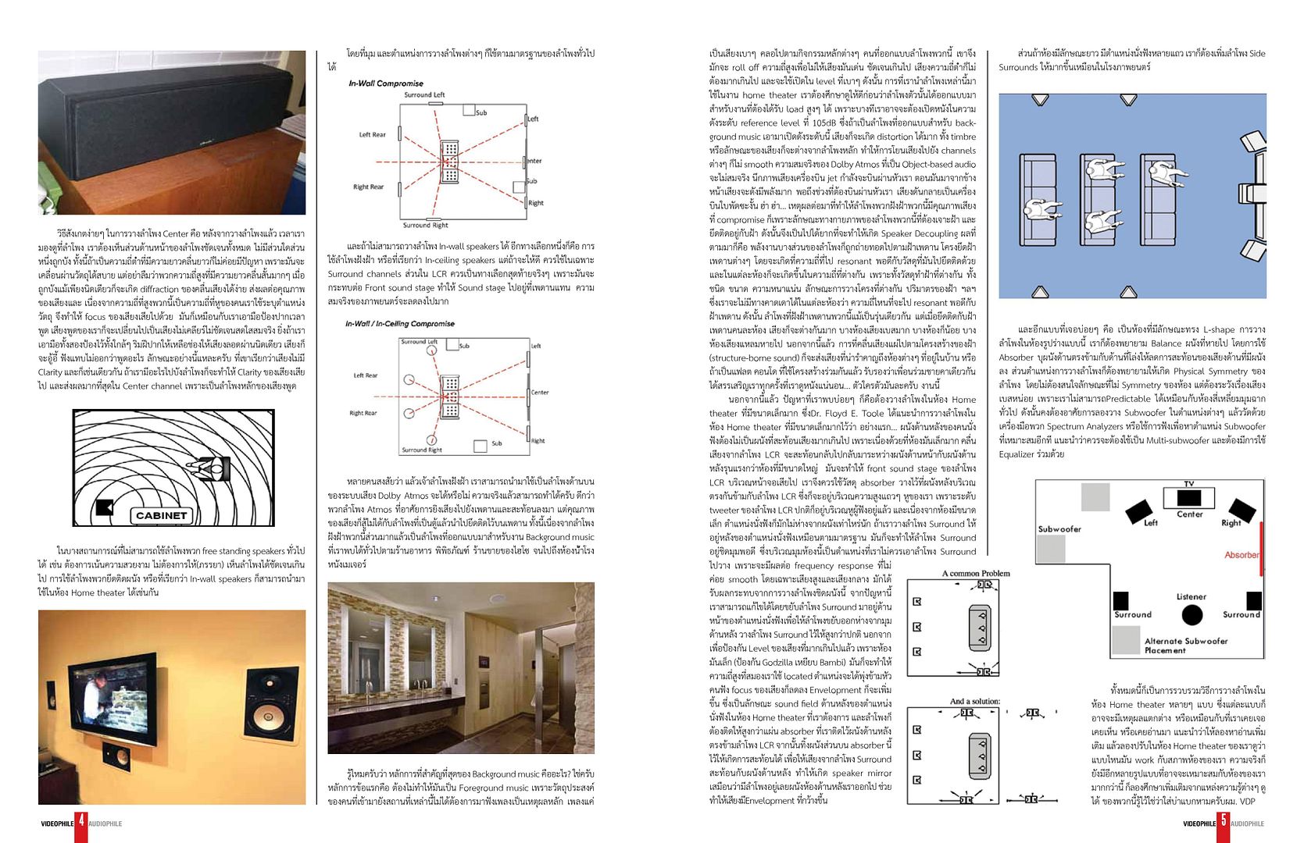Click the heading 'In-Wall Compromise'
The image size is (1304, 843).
click(x=386, y=84)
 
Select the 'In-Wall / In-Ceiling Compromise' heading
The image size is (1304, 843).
click(x=400, y=324)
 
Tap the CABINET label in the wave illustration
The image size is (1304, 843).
click(x=161, y=516)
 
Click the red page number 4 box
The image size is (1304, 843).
click(x=81, y=823)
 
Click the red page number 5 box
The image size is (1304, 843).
click(x=1223, y=823)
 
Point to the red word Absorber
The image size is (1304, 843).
click(x=1241, y=555)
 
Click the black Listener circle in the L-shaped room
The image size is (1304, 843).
click(x=1191, y=615)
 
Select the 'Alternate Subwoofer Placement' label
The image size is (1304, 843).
click(x=1185, y=646)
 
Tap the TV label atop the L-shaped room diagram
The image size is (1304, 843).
click(x=1189, y=484)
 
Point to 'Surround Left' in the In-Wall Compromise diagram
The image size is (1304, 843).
click(x=424, y=95)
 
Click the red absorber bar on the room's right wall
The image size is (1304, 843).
click(x=1261, y=549)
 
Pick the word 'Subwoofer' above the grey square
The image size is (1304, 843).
click(x=1059, y=529)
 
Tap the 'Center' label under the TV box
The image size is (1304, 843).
click(x=1189, y=514)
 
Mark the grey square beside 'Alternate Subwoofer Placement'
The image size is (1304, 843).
click(x=1126, y=640)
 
